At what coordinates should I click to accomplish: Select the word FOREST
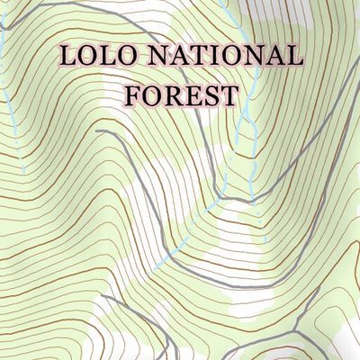[x=183, y=94]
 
